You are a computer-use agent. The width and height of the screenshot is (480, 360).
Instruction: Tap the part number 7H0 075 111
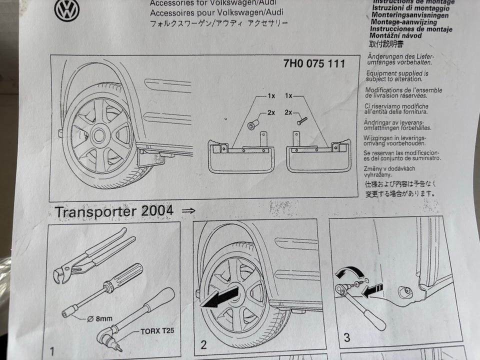(314, 64)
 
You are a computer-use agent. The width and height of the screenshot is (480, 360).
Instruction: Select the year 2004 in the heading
(157, 210)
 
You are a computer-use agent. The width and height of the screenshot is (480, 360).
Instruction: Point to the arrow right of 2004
(188, 211)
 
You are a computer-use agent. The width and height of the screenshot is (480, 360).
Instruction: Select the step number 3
(346, 338)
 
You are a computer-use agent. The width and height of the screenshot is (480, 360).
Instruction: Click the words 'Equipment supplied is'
(394, 73)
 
